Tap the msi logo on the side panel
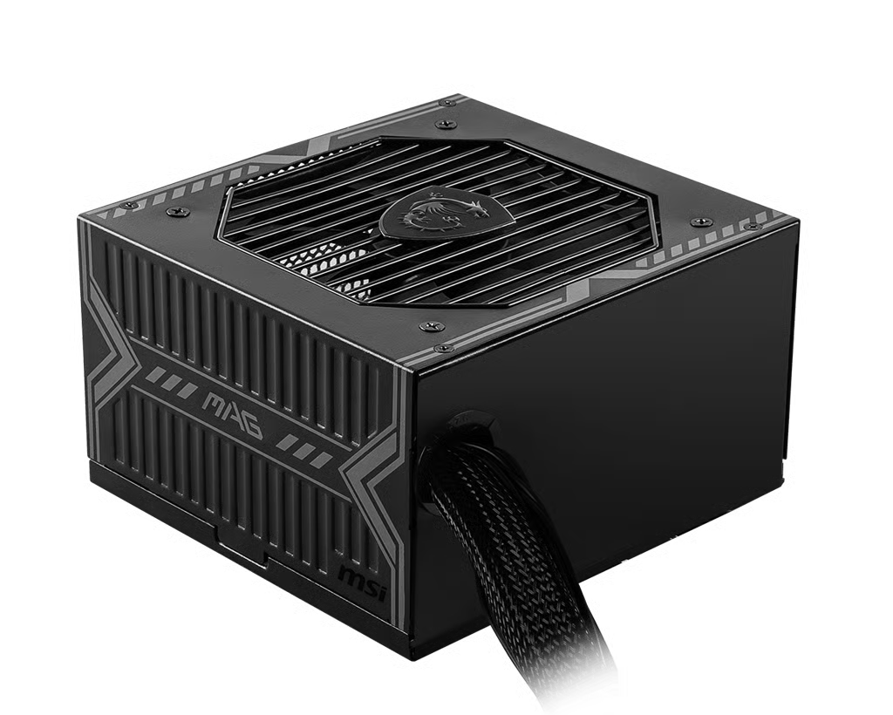point(362,582)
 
